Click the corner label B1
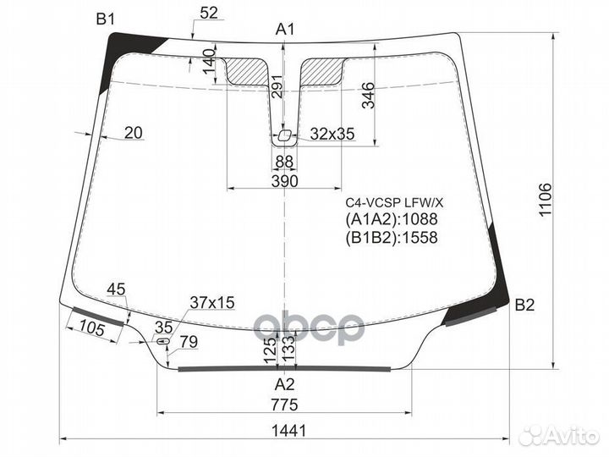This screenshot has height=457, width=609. point(106,19)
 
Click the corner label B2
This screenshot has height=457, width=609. point(524,306)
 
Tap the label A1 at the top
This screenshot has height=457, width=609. point(286,30)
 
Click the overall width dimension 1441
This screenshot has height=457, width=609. point(288,430)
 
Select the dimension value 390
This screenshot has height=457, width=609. point(285,181)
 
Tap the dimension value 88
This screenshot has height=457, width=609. point(285,162)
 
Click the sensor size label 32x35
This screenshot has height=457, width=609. point(332,134)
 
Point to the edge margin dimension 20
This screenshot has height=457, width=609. point(133,132)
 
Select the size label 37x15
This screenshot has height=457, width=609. point(211,302)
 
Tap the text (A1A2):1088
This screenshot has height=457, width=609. point(391,220)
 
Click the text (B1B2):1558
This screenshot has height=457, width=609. point(391,238)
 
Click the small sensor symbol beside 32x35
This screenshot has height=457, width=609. point(285,135)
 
